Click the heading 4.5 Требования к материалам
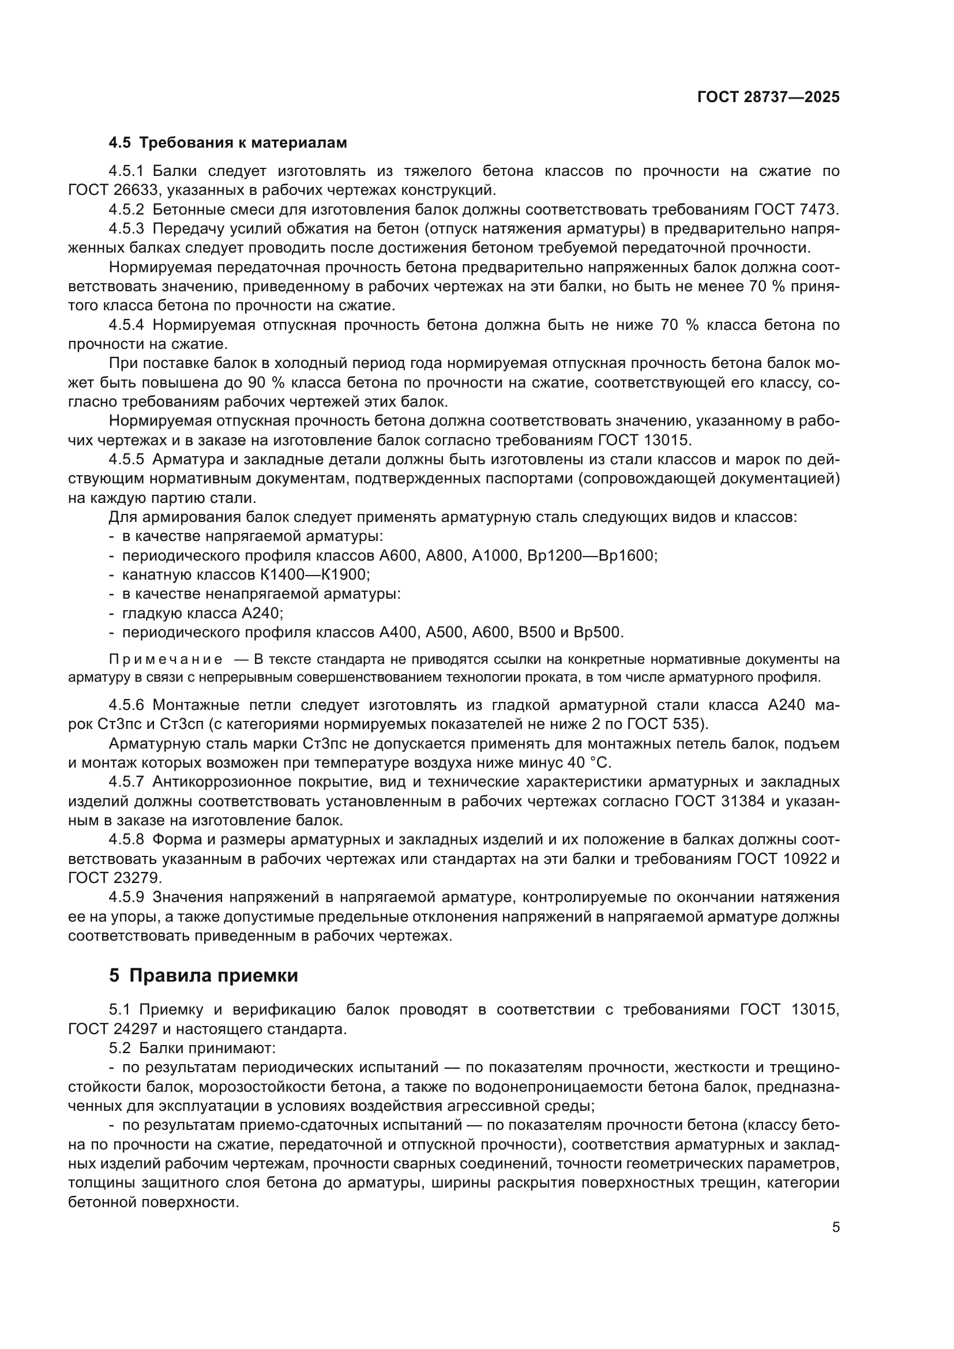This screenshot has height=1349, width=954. (228, 143)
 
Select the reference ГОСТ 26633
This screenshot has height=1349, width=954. (114, 190)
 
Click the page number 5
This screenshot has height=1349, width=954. (835, 1227)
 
